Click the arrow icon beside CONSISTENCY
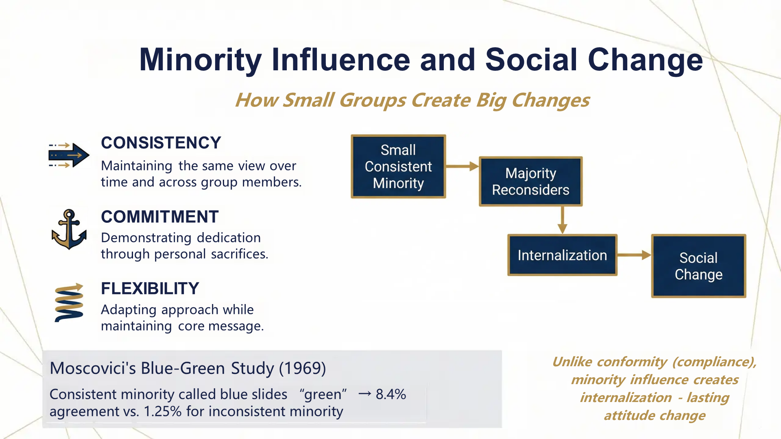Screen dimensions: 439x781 pos(68,155)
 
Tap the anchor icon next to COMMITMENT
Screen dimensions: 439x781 pos(69,230)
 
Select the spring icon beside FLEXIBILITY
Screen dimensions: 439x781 pos(69,303)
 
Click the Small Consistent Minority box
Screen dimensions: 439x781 pos(398,167)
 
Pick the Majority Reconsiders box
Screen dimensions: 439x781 pos(530,181)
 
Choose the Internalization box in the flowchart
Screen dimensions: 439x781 pos(562,255)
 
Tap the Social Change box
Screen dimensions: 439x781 pos(698,266)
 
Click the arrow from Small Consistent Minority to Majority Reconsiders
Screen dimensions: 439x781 pos(462,166)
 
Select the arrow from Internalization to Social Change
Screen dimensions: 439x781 pos(634,255)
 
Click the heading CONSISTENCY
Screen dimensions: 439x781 pos(161,143)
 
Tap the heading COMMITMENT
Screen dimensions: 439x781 pos(159,217)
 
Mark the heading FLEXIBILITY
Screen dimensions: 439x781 pos(150,289)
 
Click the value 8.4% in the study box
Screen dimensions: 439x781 pos(390,394)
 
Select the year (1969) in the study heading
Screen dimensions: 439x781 pos(302,368)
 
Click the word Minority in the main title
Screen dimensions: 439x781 pos(200,60)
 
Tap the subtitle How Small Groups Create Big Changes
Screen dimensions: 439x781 pos(412,100)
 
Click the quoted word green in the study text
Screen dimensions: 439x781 pos(323,394)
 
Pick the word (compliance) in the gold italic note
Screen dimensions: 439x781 pos(714,362)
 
